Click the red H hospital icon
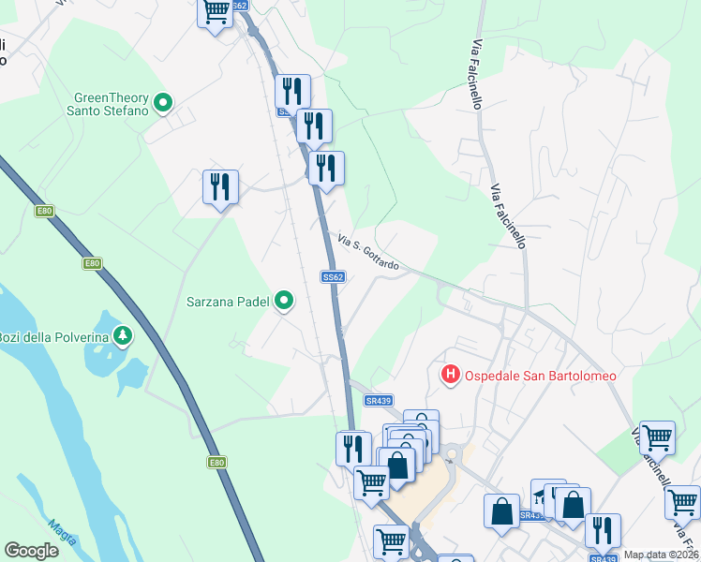pos(451,376)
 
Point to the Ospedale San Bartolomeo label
pos(541,376)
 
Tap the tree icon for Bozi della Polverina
pos(122,334)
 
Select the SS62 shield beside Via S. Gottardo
pos(333,277)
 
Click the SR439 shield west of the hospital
pos(378,401)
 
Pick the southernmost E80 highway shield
pos(216,462)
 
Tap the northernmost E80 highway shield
pos(44,211)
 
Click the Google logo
pos(31,551)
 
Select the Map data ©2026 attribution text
pos(661,555)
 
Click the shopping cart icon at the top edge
pos(216,12)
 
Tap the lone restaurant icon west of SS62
pos(220,186)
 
